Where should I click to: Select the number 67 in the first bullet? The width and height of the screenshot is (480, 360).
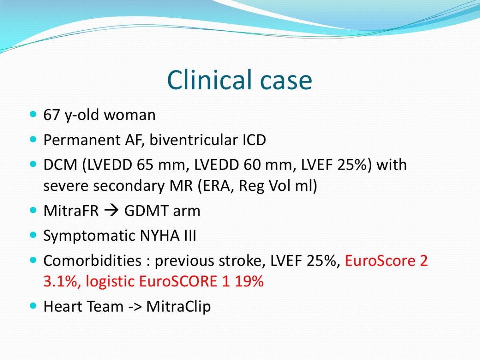(51, 115)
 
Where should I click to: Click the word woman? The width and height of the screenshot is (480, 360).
(130, 115)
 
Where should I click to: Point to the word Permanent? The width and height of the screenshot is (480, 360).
(82, 140)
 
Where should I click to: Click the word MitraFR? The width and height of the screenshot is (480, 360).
(71, 211)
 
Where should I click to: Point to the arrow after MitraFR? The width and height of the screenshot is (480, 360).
(112, 211)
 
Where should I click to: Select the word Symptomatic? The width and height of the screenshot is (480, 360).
(89, 236)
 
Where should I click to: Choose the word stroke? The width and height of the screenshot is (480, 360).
(242, 260)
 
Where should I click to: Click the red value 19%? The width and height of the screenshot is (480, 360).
(249, 281)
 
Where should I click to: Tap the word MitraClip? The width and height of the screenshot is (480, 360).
(178, 307)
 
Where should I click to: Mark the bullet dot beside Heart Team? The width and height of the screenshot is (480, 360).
(33, 306)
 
